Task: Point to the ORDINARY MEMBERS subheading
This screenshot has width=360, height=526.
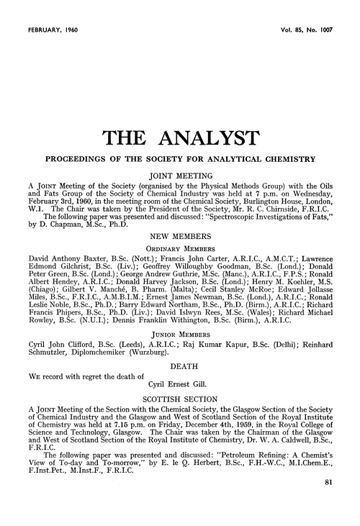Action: [179, 268]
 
